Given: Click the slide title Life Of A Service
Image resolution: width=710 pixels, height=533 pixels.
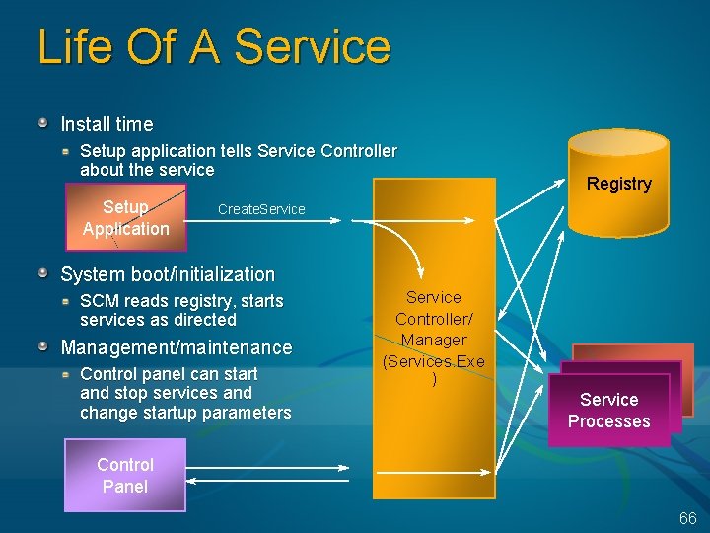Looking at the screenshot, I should pyautogui.click(x=214, y=46).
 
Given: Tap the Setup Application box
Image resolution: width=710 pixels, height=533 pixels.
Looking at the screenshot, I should pyautogui.click(x=125, y=218).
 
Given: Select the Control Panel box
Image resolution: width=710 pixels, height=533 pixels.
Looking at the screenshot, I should pyautogui.click(x=125, y=476).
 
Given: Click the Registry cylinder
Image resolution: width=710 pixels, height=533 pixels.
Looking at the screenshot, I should pyautogui.click(x=618, y=184).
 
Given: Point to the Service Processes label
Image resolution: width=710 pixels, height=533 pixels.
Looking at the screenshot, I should pyautogui.click(x=608, y=411).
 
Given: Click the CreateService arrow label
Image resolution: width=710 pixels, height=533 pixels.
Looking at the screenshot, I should pyautogui.click(x=261, y=209).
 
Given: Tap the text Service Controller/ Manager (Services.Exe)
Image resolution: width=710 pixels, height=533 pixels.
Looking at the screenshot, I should pyautogui.click(x=434, y=339).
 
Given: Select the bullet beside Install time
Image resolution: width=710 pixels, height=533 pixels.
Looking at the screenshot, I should pyautogui.click(x=44, y=124).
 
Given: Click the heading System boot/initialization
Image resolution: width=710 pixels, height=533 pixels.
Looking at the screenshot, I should pyautogui.click(x=168, y=274).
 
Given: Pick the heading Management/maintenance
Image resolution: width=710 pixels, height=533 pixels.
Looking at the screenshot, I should pyautogui.click(x=177, y=347).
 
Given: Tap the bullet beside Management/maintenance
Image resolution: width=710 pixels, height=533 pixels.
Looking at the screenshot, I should pyautogui.click(x=44, y=346).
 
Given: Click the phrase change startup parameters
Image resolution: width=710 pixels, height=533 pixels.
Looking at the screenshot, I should pyautogui.click(x=185, y=413).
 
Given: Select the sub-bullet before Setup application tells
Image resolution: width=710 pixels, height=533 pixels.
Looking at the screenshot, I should pyautogui.click(x=66, y=152).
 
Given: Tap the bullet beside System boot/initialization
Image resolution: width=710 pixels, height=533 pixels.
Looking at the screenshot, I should pyautogui.click(x=44, y=273).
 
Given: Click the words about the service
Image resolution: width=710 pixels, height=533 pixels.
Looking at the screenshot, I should pyautogui.click(x=147, y=170).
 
